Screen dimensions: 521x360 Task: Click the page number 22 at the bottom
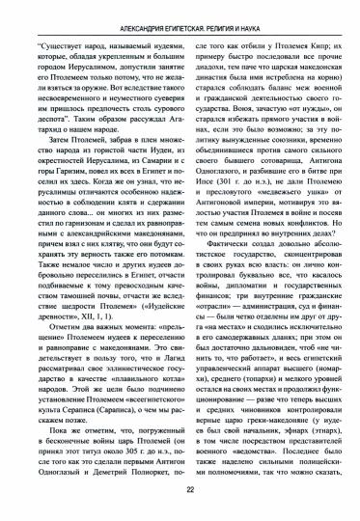point(180,489)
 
